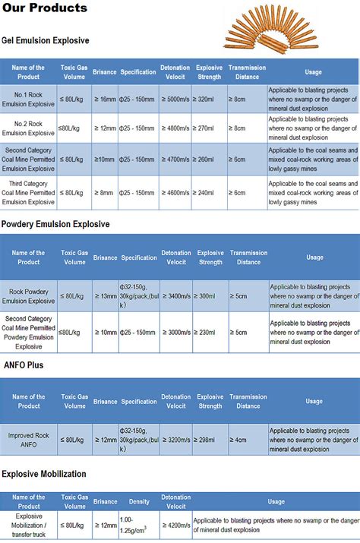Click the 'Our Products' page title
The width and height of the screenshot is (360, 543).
[x=45, y=8]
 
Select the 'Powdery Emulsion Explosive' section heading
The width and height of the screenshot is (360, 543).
[x=55, y=224]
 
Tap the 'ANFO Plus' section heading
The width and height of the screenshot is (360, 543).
[x=23, y=365]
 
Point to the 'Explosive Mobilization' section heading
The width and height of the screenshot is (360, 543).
[x=44, y=474]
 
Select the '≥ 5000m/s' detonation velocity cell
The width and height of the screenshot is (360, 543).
[x=175, y=99]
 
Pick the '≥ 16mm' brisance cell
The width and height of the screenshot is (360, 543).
[x=106, y=99]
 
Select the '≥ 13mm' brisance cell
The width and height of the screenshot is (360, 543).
[x=106, y=295]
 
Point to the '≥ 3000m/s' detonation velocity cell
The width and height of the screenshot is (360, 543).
[x=175, y=332]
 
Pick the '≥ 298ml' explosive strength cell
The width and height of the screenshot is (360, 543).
[x=210, y=439]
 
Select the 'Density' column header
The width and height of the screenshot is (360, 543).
[x=139, y=501]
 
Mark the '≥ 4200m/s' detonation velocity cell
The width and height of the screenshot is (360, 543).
[x=175, y=524]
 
